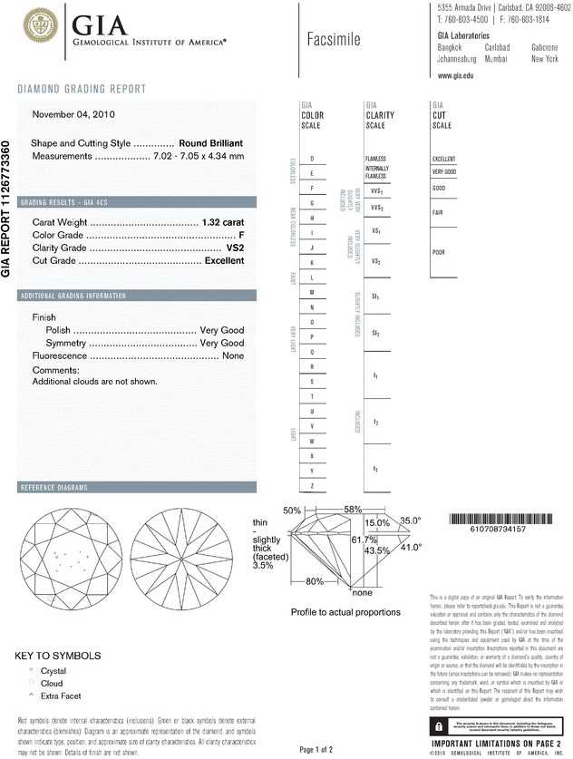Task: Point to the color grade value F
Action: click(241, 234)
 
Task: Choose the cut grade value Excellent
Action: click(224, 260)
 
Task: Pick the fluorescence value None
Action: click(233, 356)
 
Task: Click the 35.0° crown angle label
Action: click(411, 521)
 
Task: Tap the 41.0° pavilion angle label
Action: click(412, 548)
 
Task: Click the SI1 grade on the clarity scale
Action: click(375, 297)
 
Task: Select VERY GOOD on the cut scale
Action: click(444, 171)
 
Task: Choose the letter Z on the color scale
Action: click(312, 486)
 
